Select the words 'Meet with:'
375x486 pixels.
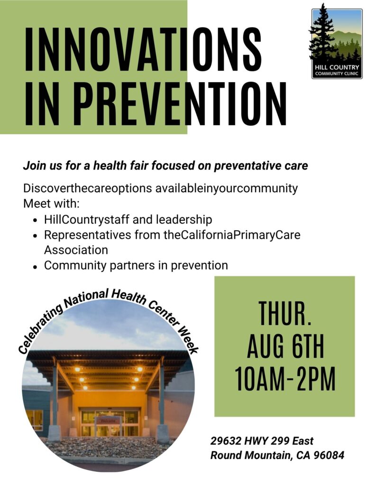(x=51, y=204)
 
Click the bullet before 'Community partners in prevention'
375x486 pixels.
(x=36, y=266)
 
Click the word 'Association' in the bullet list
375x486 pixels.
(x=76, y=250)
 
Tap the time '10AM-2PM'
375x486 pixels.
(x=285, y=378)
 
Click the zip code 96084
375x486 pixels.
(x=329, y=455)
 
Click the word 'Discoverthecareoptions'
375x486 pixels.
(x=88, y=188)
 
